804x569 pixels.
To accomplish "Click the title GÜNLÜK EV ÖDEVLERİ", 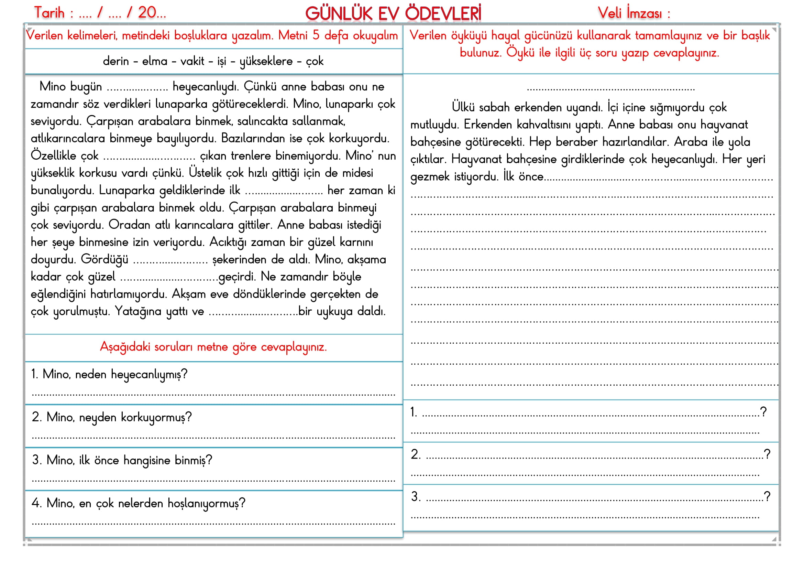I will (393, 14).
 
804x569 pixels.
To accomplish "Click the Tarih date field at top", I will (100, 13).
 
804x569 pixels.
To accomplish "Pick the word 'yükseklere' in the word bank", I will (266, 61).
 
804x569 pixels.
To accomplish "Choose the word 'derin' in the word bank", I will (115, 61).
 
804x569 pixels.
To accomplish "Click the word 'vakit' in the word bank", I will (192, 61).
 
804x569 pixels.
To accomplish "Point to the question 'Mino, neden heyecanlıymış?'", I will (109, 374).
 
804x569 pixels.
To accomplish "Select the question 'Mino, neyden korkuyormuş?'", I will (112, 417).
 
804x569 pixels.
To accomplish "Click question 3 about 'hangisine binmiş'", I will (122, 460).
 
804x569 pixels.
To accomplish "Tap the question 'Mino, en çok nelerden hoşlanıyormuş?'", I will (139, 503).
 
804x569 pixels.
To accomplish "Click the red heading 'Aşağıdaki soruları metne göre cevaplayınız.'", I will (213, 347).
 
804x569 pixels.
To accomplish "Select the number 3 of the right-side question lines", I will (415, 496).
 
